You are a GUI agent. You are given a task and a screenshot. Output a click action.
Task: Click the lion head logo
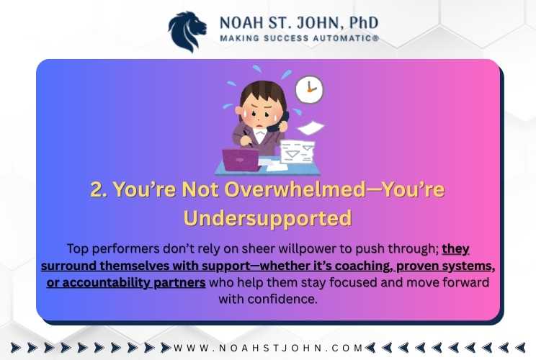(187, 32)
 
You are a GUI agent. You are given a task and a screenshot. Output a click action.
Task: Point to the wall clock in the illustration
(309, 89)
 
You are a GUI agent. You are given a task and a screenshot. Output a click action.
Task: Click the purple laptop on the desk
(241, 160)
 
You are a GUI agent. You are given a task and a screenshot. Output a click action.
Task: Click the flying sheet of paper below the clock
(311, 128)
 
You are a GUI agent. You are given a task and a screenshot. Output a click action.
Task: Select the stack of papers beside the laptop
(297, 152)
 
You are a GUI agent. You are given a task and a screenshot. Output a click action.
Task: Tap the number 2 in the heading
(98, 189)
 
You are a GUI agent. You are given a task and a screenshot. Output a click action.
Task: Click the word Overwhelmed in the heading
(295, 189)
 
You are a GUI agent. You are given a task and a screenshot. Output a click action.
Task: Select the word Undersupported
(268, 218)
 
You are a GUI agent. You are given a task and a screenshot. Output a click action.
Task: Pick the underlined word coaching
(363, 266)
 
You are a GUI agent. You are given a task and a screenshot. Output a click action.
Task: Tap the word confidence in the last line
(282, 300)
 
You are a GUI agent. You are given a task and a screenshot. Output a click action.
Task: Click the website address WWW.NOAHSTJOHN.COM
(268, 348)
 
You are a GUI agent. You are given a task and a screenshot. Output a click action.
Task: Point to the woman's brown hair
(263, 92)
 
